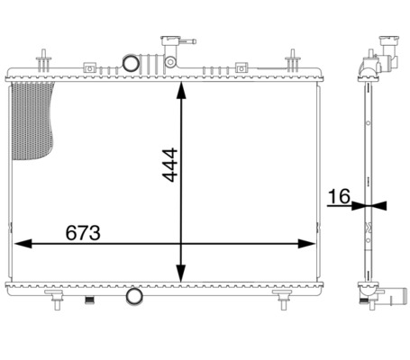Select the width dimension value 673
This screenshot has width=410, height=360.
(83, 232)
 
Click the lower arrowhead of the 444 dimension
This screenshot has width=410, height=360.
(183, 274)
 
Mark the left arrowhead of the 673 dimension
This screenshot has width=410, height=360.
(18, 243)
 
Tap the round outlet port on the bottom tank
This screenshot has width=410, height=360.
(133, 296)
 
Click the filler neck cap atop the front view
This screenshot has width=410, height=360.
(169, 40)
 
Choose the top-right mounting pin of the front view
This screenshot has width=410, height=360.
(293, 61)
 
